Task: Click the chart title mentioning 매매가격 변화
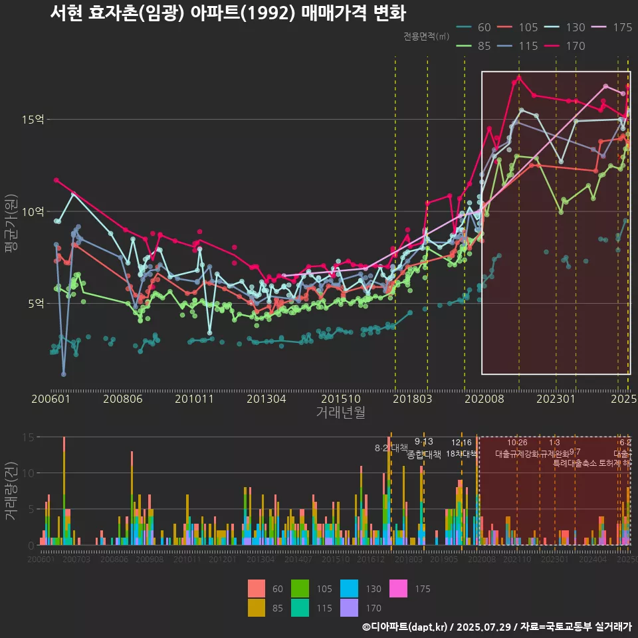pyautogui.click(x=228, y=13)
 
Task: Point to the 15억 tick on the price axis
pyautogui.click(x=34, y=120)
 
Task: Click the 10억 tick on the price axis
pyautogui.click(x=34, y=211)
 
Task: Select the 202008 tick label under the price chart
pyautogui.click(x=484, y=399)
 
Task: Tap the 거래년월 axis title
pyautogui.click(x=340, y=413)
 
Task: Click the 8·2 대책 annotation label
pyautogui.click(x=391, y=448)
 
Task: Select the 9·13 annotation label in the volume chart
pyautogui.click(x=423, y=441)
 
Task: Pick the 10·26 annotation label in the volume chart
pyautogui.click(x=517, y=443)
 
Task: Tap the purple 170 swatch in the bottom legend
pyautogui.click(x=349, y=607)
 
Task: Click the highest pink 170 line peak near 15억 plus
pyautogui.click(x=519, y=77)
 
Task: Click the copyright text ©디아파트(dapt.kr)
pyautogui.click(x=407, y=627)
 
